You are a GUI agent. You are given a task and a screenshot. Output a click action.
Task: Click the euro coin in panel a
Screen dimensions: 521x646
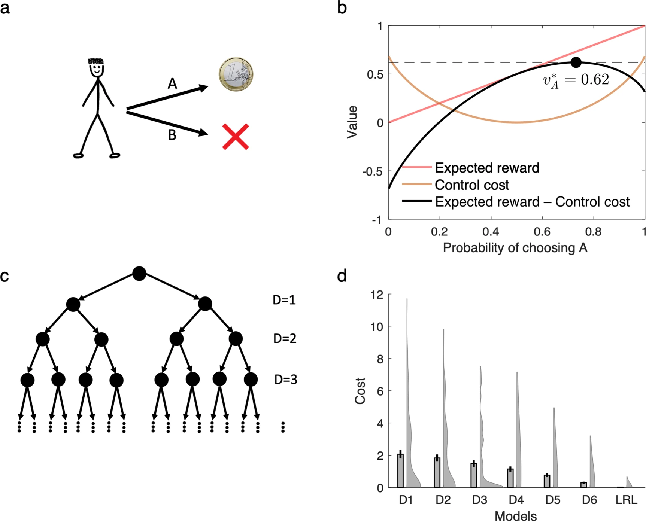click(x=236, y=74)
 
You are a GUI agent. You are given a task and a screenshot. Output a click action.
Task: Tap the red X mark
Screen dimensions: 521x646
click(x=236, y=137)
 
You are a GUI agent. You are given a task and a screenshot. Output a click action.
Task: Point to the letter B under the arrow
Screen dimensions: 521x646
click(x=172, y=135)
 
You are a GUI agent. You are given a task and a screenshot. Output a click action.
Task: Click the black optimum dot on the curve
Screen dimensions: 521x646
click(x=576, y=63)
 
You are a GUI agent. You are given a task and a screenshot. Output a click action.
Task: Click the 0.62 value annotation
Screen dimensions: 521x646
click(x=576, y=80)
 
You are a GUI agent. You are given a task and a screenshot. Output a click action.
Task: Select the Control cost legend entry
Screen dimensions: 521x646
click(x=471, y=185)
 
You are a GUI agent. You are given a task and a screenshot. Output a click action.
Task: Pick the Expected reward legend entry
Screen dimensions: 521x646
click(x=486, y=168)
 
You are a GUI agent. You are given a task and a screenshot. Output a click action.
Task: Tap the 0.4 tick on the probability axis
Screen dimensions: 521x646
click(x=491, y=232)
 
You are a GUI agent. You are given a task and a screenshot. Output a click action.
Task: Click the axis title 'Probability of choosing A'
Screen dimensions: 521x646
click(x=515, y=248)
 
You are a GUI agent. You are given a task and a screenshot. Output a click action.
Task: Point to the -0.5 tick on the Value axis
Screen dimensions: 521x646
click(x=372, y=171)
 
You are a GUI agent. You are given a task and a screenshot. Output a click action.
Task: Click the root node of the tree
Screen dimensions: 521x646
click(x=139, y=274)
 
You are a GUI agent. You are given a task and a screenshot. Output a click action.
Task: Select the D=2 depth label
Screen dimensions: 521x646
click(x=285, y=339)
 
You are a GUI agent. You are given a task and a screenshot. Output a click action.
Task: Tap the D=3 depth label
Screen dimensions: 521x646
click(x=285, y=380)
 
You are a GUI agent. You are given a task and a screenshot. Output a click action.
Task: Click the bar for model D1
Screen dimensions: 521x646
click(x=400, y=470)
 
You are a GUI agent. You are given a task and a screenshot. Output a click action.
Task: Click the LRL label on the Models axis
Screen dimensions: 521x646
click(x=626, y=500)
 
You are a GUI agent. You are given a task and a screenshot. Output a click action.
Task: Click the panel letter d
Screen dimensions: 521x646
click(x=342, y=276)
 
